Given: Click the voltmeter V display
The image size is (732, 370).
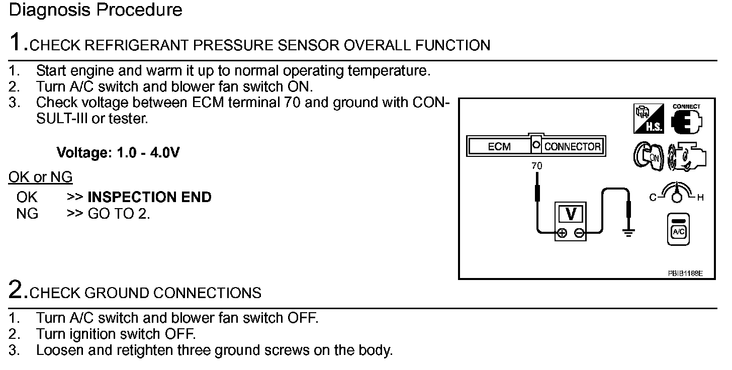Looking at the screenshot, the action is (x=571, y=215).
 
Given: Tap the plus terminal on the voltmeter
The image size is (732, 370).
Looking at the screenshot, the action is (x=562, y=233).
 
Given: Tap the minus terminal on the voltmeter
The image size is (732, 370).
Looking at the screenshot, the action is (x=579, y=233).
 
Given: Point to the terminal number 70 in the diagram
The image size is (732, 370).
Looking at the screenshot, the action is (x=536, y=166).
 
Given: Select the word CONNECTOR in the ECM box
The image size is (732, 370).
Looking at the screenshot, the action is (x=572, y=146).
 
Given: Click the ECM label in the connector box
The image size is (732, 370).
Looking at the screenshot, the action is (x=499, y=146).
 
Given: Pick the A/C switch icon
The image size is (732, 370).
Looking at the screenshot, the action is (x=678, y=229).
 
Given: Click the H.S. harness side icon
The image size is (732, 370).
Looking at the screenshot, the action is (x=649, y=118).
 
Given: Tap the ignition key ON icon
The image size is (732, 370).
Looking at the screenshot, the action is (x=649, y=156).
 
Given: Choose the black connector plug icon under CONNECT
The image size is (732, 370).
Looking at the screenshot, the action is (x=686, y=122).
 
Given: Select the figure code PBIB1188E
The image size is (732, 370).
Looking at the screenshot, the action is (x=685, y=273).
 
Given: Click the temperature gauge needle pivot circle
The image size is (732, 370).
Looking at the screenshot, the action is (x=677, y=198).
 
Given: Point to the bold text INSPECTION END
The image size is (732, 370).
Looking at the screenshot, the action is (x=149, y=197).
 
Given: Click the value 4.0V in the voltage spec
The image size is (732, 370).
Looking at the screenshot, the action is (x=165, y=152).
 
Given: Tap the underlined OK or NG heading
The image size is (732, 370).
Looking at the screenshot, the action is (x=40, y=177).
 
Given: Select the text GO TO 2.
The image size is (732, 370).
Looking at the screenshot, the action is (x=119, y=214).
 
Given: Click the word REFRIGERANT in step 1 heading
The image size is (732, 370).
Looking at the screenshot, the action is (x=136, y=45).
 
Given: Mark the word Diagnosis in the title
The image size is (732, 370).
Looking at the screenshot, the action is (x=49, y=10).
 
